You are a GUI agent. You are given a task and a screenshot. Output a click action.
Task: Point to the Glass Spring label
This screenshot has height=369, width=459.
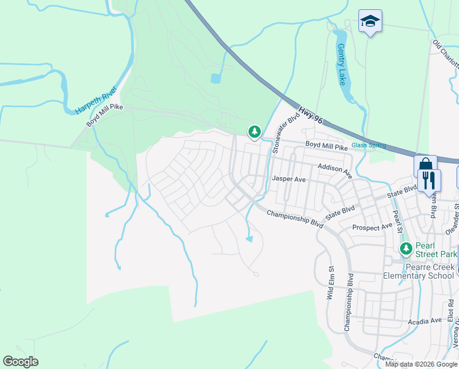[369, 145]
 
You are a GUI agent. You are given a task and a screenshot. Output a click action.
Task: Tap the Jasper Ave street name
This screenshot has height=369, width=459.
[288, 180]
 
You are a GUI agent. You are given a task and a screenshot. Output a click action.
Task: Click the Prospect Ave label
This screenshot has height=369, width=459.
[372, 228]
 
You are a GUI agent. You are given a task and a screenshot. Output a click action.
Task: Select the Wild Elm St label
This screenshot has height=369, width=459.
[330, 282]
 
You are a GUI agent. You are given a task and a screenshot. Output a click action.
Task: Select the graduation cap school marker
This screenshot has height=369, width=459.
[370, 22]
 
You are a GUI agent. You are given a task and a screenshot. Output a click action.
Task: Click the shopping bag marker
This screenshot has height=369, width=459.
[425, 166]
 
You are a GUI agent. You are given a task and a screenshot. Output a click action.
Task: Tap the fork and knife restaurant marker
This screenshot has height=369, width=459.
[430, 180]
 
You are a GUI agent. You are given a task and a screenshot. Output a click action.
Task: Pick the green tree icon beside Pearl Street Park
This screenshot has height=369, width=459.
[405, 248]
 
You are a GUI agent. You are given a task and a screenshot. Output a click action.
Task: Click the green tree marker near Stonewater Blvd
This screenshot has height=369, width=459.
[254, 131]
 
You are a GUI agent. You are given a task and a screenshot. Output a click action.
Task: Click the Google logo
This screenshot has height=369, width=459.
[20, 362]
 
